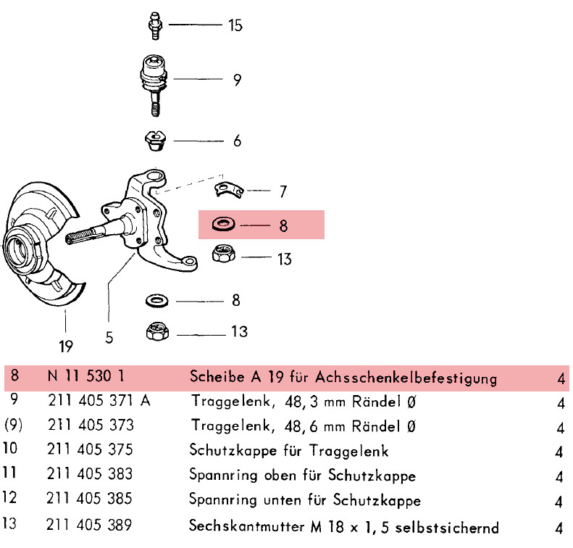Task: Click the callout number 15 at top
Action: coord(235,25)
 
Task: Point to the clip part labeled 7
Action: coord(228,190)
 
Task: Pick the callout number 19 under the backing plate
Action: coord(66,346)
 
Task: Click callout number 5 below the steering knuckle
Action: coord(109,338)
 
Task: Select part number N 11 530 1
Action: coord(87,378)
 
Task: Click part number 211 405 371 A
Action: coord(99,402)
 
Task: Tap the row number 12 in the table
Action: coord(12,500)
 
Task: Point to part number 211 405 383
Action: coord(90,475)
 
